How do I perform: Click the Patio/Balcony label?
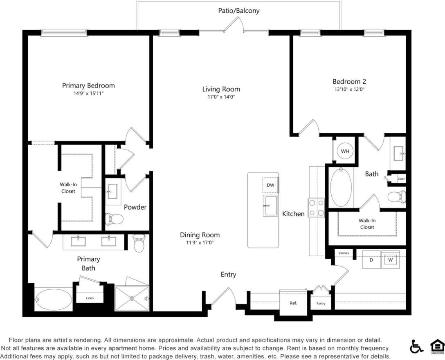(x=238, y=11)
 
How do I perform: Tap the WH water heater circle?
(x=345, y=151)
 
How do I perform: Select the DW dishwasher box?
(x=270, y=185)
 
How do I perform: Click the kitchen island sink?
(x=270, y=205)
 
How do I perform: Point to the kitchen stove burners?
(x=316, y=208)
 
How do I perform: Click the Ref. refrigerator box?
(x=293, y=303)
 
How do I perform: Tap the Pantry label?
(x=320, y=303)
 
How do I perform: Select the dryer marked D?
(x=371, y=260)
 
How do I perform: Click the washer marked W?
(x=390, y=260)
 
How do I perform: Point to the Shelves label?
(x=344, y=253)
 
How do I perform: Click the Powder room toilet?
(x=114, y=219)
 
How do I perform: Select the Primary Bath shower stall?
(x=132, y=299)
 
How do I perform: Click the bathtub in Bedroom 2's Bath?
(x=341, y=188)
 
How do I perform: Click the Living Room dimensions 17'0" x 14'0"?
(x=221, y=97)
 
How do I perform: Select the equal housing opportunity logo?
(x=437, y=347)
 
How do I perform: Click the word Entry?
(x=228, y=275)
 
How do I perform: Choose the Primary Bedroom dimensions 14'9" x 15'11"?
(x=88, y=93)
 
